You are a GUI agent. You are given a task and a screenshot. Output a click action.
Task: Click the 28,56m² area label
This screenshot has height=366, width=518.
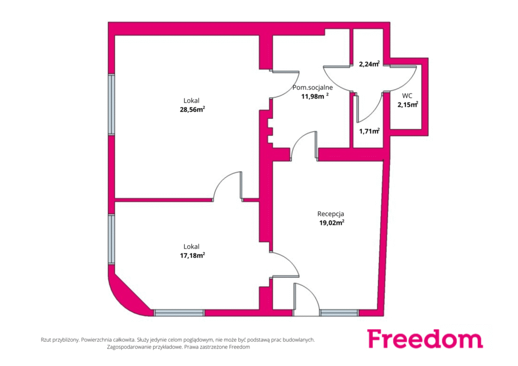(192, 110)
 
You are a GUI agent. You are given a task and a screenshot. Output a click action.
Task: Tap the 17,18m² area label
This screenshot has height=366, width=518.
(192, 255)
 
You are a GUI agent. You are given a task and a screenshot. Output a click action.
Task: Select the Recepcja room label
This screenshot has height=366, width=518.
(331, 214)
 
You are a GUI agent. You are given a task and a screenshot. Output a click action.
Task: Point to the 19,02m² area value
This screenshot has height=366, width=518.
(332, 223)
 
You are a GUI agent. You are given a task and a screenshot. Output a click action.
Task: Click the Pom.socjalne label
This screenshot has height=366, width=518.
(313, 88)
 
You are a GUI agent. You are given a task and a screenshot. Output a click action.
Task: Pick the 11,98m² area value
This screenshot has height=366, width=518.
(315, 97)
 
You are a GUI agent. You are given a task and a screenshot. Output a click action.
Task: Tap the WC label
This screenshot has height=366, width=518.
(407, 96)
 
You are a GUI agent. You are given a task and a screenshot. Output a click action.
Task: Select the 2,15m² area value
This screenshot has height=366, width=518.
(408, 105)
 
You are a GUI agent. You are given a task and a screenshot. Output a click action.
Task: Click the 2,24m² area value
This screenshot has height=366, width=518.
(369, 64)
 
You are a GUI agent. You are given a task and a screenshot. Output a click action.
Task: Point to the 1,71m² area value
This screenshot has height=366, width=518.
(369, 131)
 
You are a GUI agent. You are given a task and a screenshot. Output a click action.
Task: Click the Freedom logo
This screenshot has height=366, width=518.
(425, 338)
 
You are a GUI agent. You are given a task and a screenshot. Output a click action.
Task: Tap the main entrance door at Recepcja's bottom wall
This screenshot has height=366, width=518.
(306, 300)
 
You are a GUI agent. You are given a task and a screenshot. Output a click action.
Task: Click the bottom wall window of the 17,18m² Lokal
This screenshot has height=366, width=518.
(179, 312)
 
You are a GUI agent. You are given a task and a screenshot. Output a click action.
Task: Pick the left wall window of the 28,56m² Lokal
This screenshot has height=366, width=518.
(112, 104)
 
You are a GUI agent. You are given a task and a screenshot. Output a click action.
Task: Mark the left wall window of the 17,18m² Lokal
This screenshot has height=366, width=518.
(112, 239)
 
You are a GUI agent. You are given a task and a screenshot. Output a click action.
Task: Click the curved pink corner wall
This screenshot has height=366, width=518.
(127, 295)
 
